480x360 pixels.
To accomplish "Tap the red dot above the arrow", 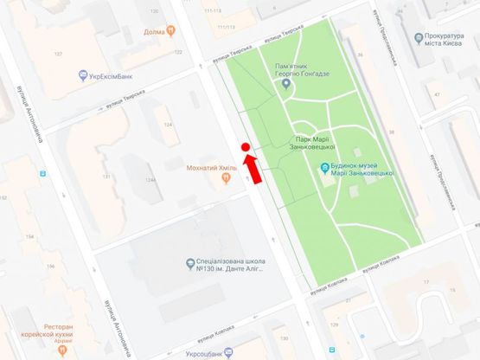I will tap(246, 148).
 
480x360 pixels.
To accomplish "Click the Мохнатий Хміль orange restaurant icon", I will tap(226, 178).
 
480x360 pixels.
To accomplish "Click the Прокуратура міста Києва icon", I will tap(418, 39).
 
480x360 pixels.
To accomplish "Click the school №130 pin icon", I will tap(189, 263).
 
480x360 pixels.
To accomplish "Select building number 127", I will tap(59, 55).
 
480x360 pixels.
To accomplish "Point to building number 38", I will tap(392, 132).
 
